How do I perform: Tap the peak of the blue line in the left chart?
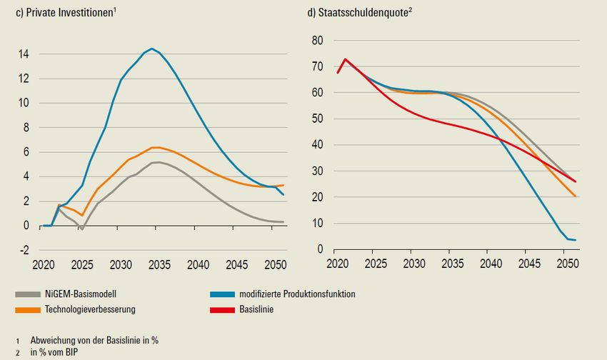coord(151,49)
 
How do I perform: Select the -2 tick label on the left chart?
coord(24,250)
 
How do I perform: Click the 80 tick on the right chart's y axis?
coord(318,40)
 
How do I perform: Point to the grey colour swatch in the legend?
coord(29,294)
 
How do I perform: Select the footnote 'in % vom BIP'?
coord(54,352)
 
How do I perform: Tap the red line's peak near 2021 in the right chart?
coord(346,59)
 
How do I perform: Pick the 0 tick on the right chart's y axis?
coord(321,249)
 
